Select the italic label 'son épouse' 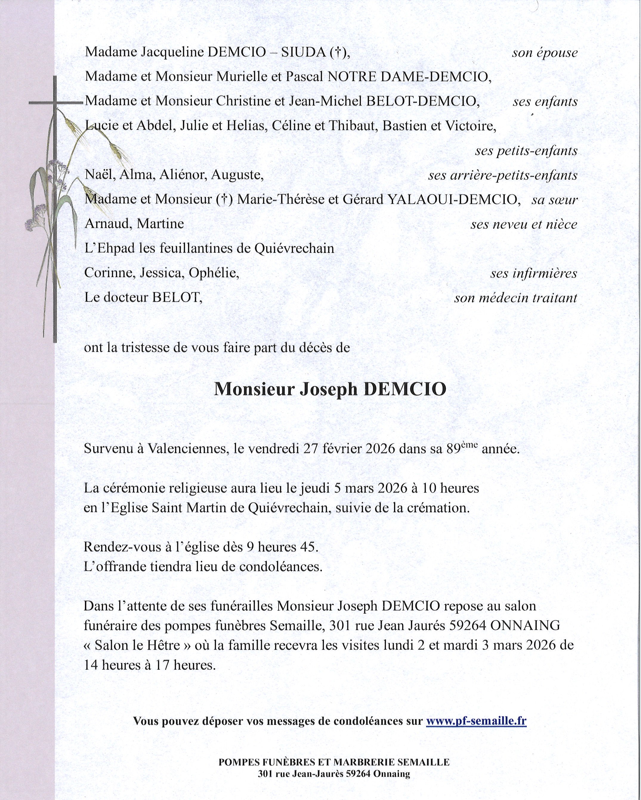click(544, 53)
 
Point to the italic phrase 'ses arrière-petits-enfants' click(503, 175)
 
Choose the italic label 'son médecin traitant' click(515, 298)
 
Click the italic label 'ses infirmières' click(533, 273)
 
